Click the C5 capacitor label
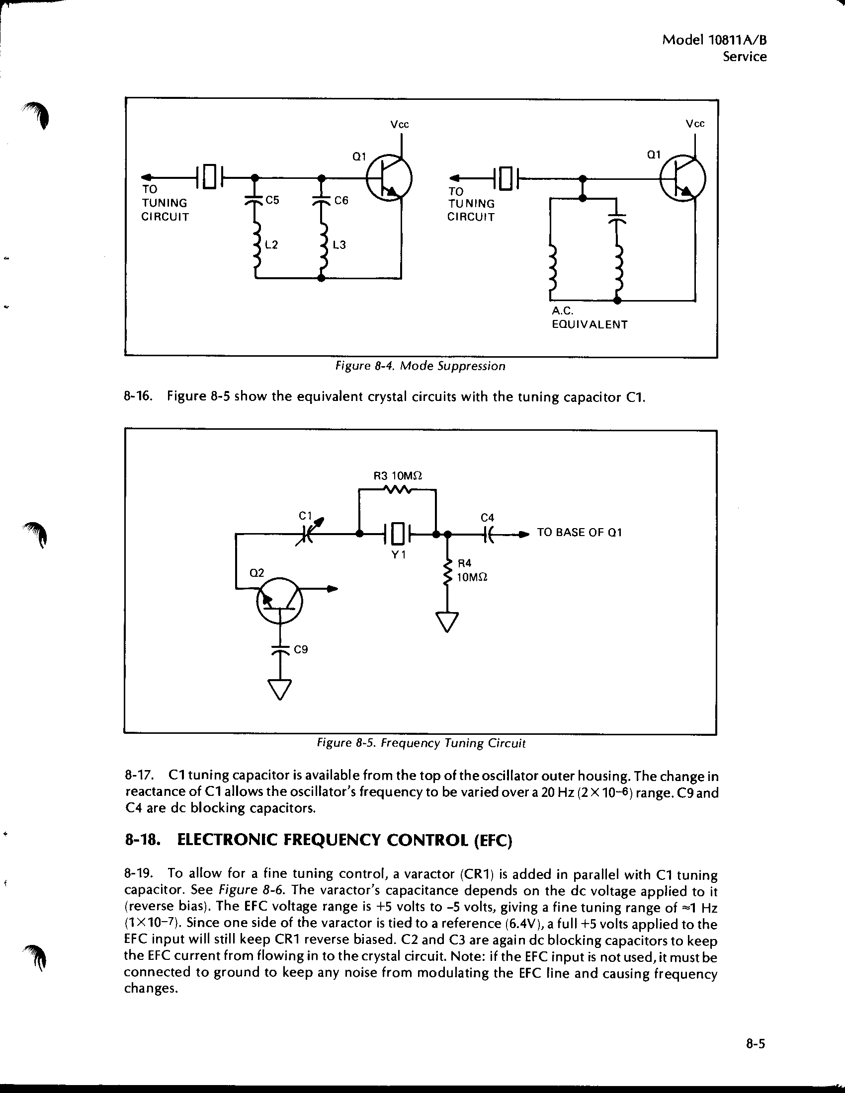tap(272, 200)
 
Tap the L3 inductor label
tap(339, 245)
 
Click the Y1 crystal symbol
tap(398, 534)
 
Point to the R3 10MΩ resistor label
tap(398, 475)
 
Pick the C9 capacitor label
tap(301, 650)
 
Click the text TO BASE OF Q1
tap(579, 533)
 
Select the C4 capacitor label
tap(487, 518)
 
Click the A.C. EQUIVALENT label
tap(589, 318)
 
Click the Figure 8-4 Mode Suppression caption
tap(420, 366)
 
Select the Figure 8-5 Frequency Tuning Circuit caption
tap(421, 743)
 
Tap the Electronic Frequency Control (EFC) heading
tap(319, 840)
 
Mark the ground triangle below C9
tap(280, 689)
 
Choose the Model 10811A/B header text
tap(715, 40)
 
